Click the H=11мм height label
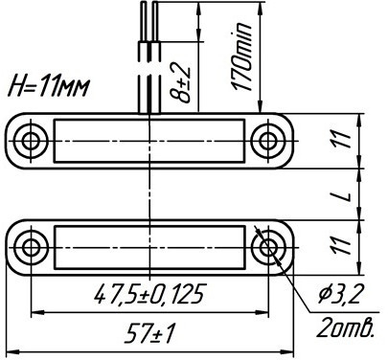click(x=49, y=86)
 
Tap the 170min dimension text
click(x=241, y=56)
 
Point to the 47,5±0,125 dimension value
click(x=148, y=293)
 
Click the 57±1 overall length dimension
click(x=149, y=334)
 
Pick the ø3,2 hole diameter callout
click(x=340, y=294)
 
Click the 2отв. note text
click(x=345, y=328)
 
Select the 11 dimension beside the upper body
click(x=341, y=139)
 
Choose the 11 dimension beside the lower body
click(x=341, y=245)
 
